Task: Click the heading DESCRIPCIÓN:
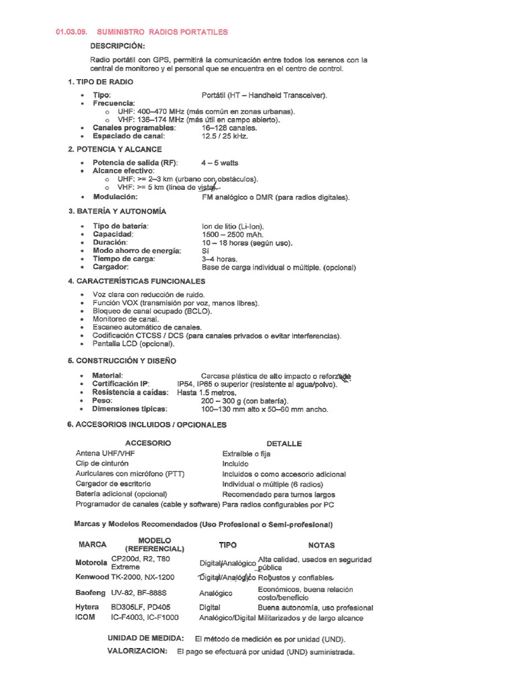117,46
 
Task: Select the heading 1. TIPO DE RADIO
100,82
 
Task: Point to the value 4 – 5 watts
219,163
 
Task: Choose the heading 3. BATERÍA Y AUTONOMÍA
117,211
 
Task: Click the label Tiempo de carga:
123,259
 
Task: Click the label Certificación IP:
121,384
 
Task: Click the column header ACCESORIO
148,443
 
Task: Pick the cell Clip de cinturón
103,464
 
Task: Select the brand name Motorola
91,563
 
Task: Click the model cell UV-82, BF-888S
139,593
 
